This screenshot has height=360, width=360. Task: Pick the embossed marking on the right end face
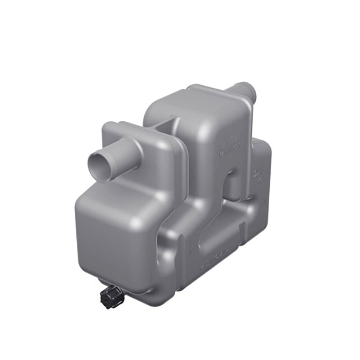257,176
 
